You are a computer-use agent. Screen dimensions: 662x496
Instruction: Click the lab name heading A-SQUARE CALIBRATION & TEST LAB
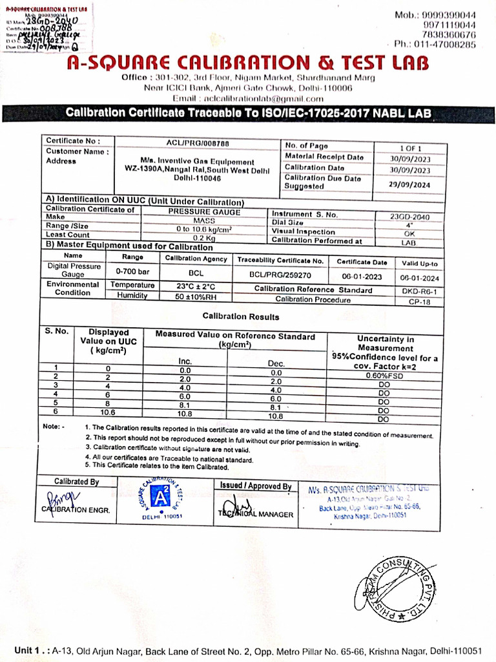(x=247, y=63)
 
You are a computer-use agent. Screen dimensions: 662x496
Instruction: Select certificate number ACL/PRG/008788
(x=198, y=142)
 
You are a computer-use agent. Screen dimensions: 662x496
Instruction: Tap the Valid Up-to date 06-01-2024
(x=419, y=277)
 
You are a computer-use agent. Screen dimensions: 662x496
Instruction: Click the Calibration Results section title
(x=241, y=317)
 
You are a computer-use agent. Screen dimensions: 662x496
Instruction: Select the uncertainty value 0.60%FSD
(x=384, y=376)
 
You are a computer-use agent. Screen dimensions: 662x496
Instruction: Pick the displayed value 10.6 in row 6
(x=108, y=412)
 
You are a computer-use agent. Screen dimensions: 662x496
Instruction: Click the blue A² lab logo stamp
(x=160, y=497)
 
